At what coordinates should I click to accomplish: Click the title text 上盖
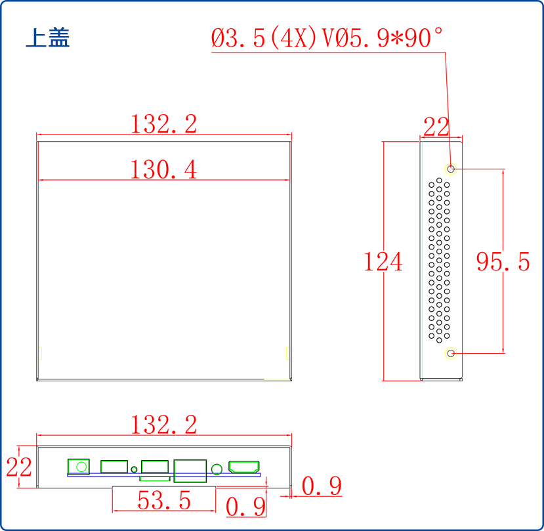[47, 37]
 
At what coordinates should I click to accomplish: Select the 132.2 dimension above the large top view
[163, 124]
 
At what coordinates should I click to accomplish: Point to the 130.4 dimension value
[163, 170]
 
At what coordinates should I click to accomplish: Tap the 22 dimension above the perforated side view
[436, 127]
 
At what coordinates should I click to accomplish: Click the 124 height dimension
[383, 262]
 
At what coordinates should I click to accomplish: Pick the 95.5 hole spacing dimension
[503, 262]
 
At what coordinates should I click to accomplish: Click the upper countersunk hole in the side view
[451, 169]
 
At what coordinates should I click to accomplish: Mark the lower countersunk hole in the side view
[451, 354]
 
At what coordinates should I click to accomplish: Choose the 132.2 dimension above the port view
[163, 425]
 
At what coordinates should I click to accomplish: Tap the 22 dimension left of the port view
[19, 468]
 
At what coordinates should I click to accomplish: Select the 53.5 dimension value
[164, 501]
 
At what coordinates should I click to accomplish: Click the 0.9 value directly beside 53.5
[246, 507]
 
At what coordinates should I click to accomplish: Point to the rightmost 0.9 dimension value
[322, 486]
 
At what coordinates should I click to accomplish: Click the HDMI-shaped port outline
[243, 467]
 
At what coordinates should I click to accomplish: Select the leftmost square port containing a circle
[79, 467]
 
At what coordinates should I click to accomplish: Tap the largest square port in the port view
[190, 471]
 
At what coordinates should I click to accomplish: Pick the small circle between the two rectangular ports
[135, 469]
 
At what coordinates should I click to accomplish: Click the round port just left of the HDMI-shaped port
[217, 469]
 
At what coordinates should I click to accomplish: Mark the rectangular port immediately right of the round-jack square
[114, 467]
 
